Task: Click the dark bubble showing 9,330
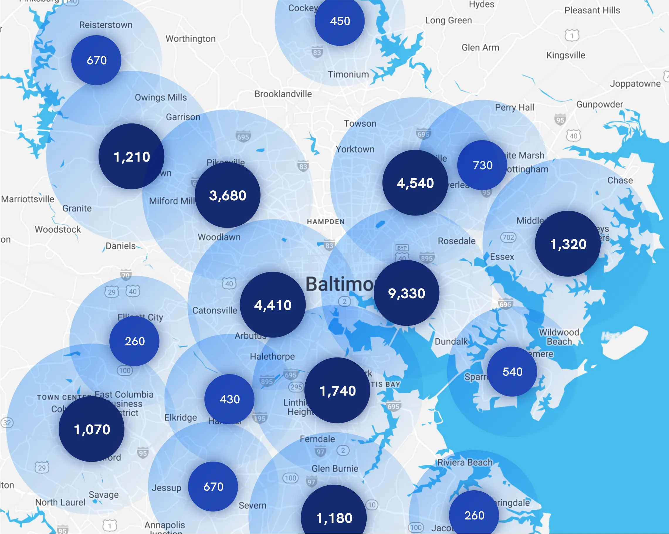406,293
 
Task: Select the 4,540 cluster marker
415,183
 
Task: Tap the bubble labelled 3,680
227,195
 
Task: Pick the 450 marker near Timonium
339,21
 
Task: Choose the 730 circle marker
482,165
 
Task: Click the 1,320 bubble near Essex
568,244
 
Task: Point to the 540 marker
512,372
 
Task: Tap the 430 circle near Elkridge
229,399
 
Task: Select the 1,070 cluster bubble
92,429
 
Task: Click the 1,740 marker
337,390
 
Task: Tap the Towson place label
360,123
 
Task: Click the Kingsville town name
566,55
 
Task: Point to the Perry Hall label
514,107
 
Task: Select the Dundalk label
451,342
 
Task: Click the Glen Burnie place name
335,469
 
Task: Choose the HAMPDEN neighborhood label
326,221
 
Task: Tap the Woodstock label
58,229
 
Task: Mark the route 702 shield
508,237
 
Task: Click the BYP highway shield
402,247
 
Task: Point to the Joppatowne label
635,84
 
